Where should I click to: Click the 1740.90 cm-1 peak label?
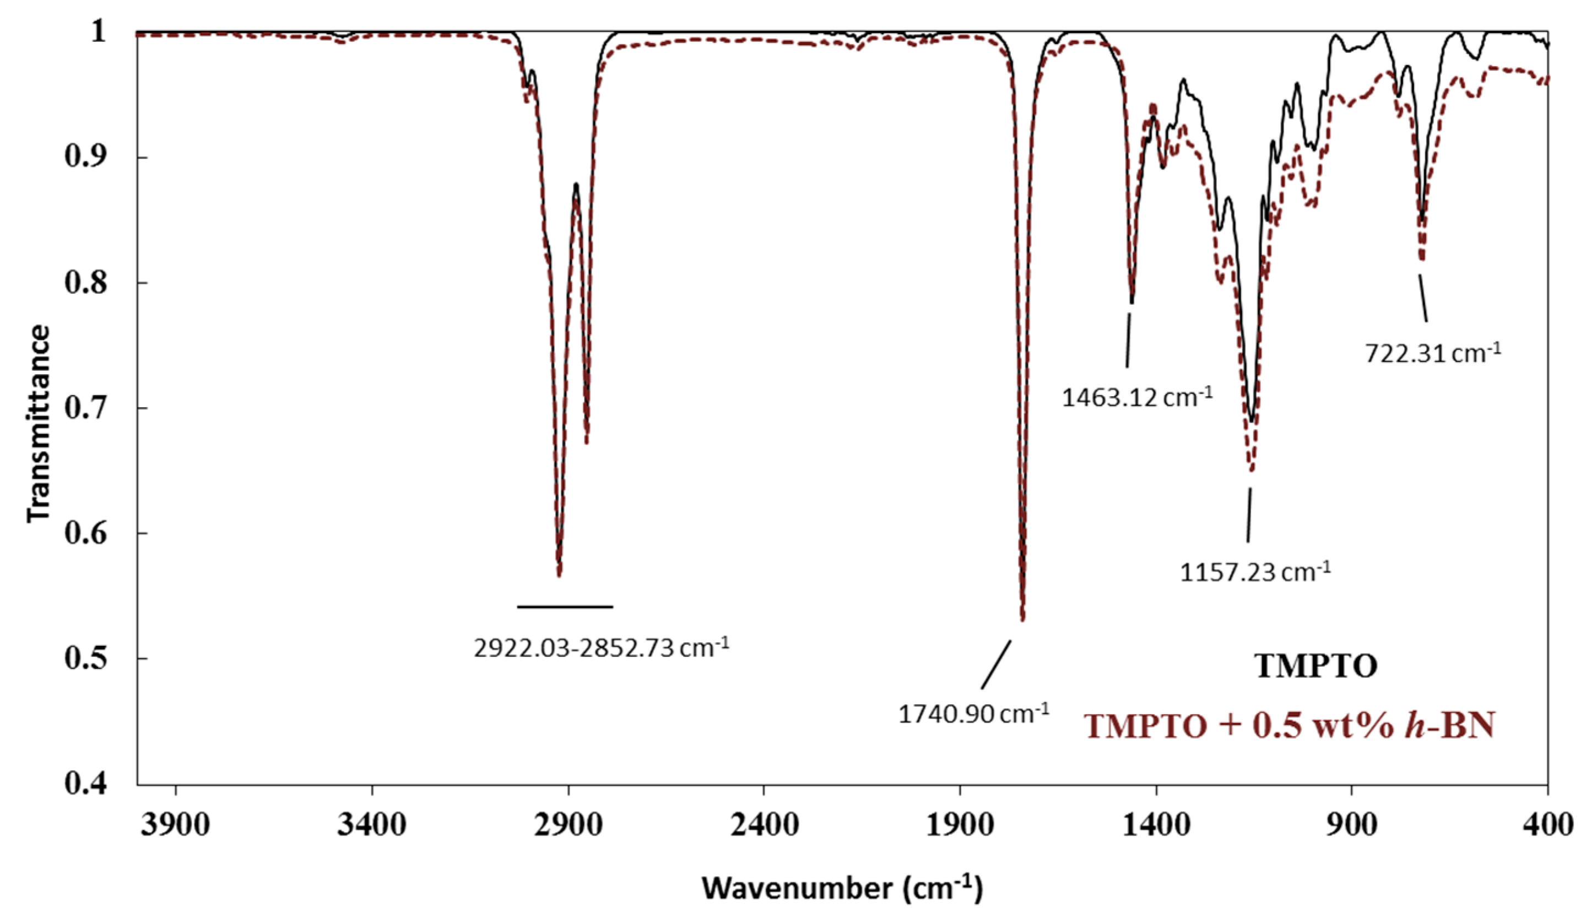[x=973, y=715]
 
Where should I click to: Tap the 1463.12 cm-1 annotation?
[x=1136, y=398]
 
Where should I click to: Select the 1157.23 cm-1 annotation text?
[x=1255, y=573]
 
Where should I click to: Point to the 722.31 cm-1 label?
[x=1432, y=353]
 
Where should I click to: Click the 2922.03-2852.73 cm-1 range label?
[x=601, y=648]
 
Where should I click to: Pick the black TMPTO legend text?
[x=1316, y=666]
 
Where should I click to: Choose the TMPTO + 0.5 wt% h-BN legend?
[x=1289, y=725]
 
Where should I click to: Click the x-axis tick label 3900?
[x=176, y=824]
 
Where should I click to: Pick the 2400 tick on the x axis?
[x=764, y=824]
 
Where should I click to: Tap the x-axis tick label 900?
[x=1351, y=824]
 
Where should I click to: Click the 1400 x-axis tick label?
[x=1156, y=824]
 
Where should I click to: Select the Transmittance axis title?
[x=39, y=423]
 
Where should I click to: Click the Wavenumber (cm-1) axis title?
[x=842, y=888]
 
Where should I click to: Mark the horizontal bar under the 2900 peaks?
[x=565, y=607]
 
